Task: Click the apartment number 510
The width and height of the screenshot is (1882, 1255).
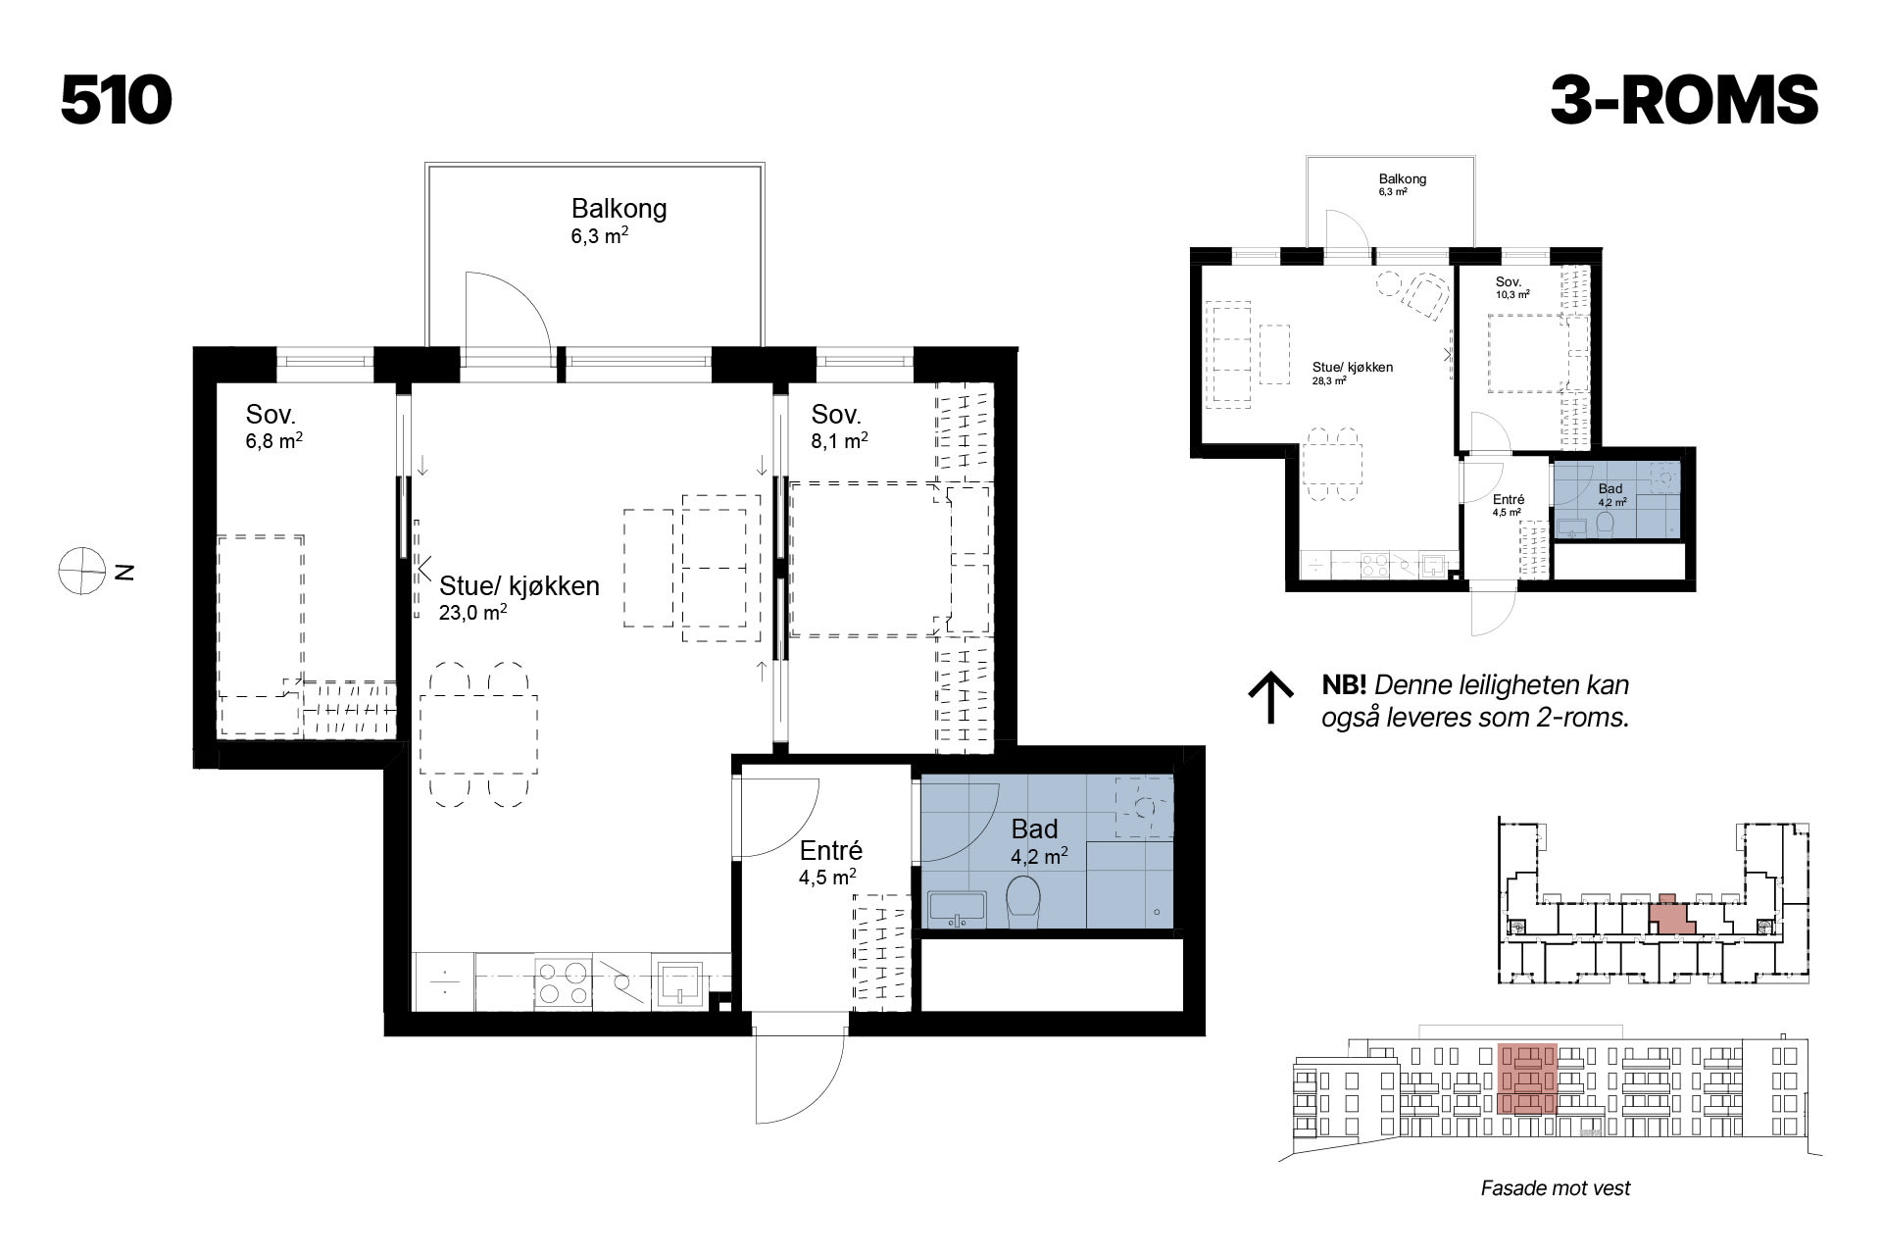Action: (117, 100)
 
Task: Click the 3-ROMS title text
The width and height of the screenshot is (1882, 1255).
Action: (1684, 100)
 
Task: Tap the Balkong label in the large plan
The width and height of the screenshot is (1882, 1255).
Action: (619, 208)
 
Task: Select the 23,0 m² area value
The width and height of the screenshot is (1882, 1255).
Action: (473, 613)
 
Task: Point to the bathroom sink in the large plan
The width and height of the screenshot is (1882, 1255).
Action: (956, 909)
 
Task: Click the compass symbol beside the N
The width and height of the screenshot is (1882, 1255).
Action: (81, 572)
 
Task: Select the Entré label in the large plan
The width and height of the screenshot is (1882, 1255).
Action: (830, 851)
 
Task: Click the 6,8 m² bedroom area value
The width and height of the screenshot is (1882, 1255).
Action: (274, 441)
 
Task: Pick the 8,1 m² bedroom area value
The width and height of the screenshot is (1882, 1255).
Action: (840, 441)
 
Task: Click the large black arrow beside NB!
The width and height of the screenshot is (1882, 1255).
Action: (1271, 698)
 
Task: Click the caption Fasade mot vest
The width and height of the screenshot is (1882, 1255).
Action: (1556, 1188)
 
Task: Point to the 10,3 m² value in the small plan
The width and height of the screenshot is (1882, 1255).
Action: (1512, 293)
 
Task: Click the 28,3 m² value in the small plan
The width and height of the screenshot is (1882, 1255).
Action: (1329, 380)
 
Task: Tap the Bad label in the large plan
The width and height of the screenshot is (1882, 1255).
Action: (1034, 829)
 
